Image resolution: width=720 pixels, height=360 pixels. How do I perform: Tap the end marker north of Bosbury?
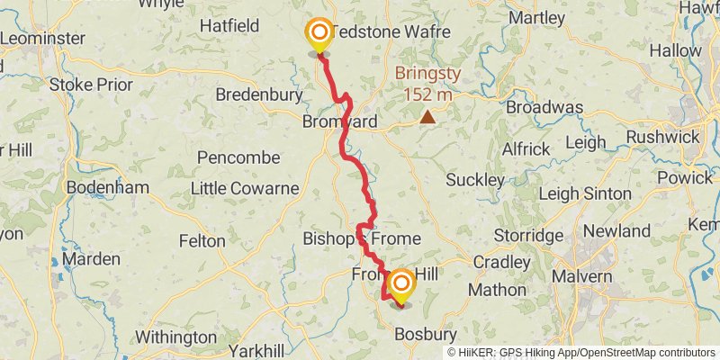400,287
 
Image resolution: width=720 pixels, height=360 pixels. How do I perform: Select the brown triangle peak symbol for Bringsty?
427,116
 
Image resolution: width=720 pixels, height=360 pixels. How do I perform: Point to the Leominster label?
42,39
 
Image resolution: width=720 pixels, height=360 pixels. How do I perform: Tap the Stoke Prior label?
90,85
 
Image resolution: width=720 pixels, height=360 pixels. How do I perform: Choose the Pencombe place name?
238,157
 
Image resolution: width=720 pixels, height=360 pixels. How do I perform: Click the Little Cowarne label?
244,188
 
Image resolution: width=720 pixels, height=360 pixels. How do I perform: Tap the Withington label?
170,337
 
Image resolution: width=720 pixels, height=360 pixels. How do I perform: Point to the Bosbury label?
427,334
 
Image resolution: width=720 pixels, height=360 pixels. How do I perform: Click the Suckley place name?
476,180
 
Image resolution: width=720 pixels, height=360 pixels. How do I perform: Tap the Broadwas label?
544,107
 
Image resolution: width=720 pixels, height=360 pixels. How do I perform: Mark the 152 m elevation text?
428,94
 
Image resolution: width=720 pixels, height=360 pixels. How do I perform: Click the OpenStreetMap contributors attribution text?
645,353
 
